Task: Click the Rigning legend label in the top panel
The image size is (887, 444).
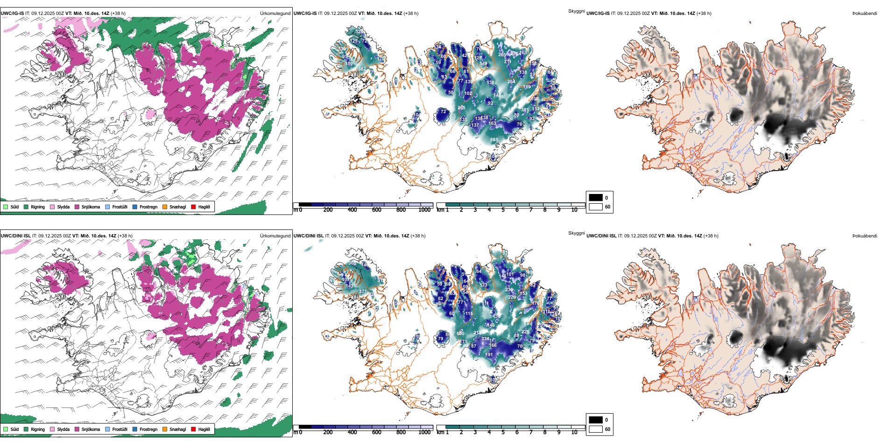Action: [38, 207]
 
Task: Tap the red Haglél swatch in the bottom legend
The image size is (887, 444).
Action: [193, 429]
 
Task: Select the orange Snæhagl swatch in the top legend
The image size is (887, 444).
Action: [165, 207]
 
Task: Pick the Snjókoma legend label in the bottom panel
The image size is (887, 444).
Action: [91, 429]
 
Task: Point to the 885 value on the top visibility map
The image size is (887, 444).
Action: [494, 140]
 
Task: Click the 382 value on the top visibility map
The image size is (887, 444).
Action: [362, 69]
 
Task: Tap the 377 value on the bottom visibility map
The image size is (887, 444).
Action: [363, 292]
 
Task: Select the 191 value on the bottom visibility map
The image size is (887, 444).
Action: [489, 355]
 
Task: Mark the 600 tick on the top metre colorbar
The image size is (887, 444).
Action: [376, 210]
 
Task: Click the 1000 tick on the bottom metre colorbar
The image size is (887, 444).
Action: [424, 432]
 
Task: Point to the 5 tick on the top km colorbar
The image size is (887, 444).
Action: [503, 210]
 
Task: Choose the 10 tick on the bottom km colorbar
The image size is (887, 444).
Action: [574, 432]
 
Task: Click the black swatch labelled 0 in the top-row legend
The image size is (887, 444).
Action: [596, 198]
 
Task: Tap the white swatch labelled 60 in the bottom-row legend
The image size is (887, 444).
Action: [596, 429]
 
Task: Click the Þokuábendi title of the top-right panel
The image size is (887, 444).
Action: [865, 14]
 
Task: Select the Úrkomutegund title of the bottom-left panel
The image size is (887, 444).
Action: [275, 236]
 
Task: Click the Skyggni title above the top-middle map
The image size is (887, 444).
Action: [576, 11]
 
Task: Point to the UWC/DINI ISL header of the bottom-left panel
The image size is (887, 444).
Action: [15, 236]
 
